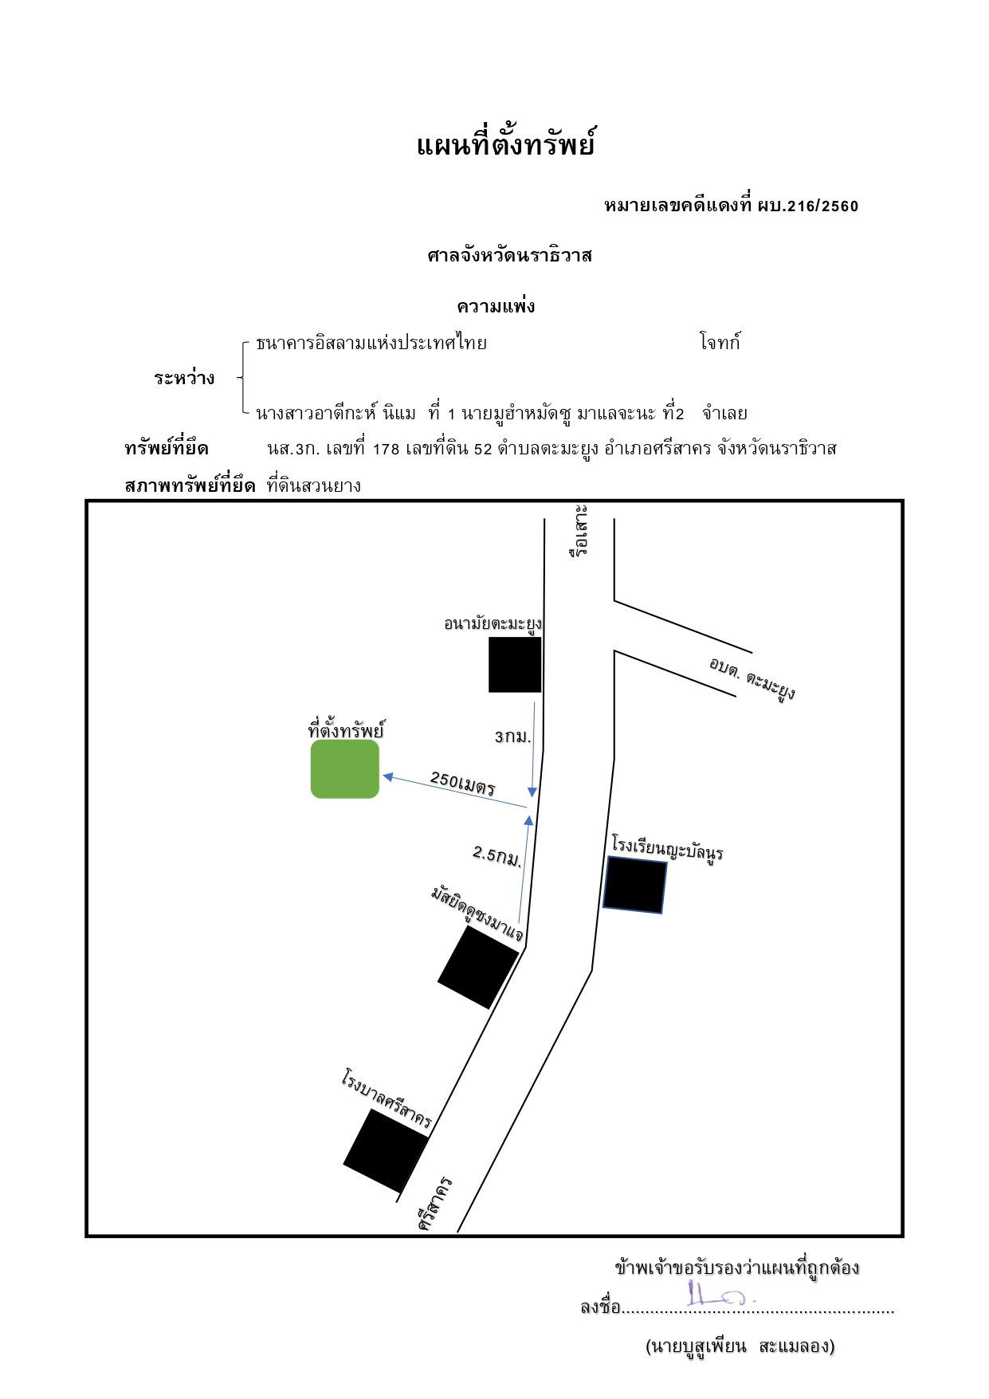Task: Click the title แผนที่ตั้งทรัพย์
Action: (505, 144)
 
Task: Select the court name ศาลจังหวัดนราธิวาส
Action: (509, 255)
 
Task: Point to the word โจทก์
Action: (720, 342)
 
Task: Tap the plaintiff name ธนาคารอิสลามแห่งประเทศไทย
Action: (371, 343)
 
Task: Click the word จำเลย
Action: (724, 413)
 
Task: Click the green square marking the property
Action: (345, 768)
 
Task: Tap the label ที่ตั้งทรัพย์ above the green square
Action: (346, 729)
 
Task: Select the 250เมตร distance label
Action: (463, 784)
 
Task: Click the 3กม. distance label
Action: (512, 737)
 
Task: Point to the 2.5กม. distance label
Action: (497, 855)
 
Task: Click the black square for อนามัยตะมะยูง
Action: (515, 664)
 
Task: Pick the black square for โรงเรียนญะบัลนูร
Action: (634, 885)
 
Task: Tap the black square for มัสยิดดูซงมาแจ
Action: (478, 967)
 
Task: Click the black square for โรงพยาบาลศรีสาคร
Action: (386, 1150)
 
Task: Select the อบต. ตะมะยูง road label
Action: (752, 678)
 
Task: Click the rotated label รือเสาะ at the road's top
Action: (579, 529)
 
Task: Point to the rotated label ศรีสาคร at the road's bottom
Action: (435, 1203)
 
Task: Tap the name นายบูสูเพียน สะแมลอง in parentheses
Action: (740, 1346)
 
